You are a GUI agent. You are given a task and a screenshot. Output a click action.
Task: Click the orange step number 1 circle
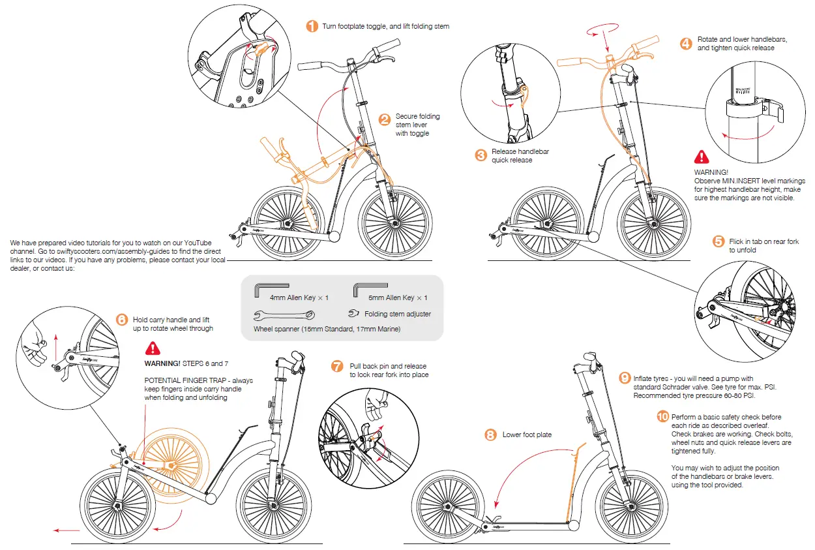pyautogui.click(x=312, y=26)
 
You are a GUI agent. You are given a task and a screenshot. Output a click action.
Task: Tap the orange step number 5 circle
pyautogui.click(x=719, y=241)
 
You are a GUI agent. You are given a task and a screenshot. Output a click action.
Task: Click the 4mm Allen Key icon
pyautogui.click(x=272, y=288)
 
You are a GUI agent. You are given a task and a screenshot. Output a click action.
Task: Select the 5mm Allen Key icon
pyautogui.click(x=370, y=288)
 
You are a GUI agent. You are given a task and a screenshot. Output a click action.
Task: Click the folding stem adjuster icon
pyautogui.click(x=354, y=313)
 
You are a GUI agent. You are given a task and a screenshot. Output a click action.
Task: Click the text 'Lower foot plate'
pyautogui.click(x=527, y=435)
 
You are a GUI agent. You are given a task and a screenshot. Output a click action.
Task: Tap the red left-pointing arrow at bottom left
pyautogui.click(x=66, y=530)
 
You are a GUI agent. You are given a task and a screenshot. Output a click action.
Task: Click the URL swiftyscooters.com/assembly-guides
pyautogui.click(x=105, y=251)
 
